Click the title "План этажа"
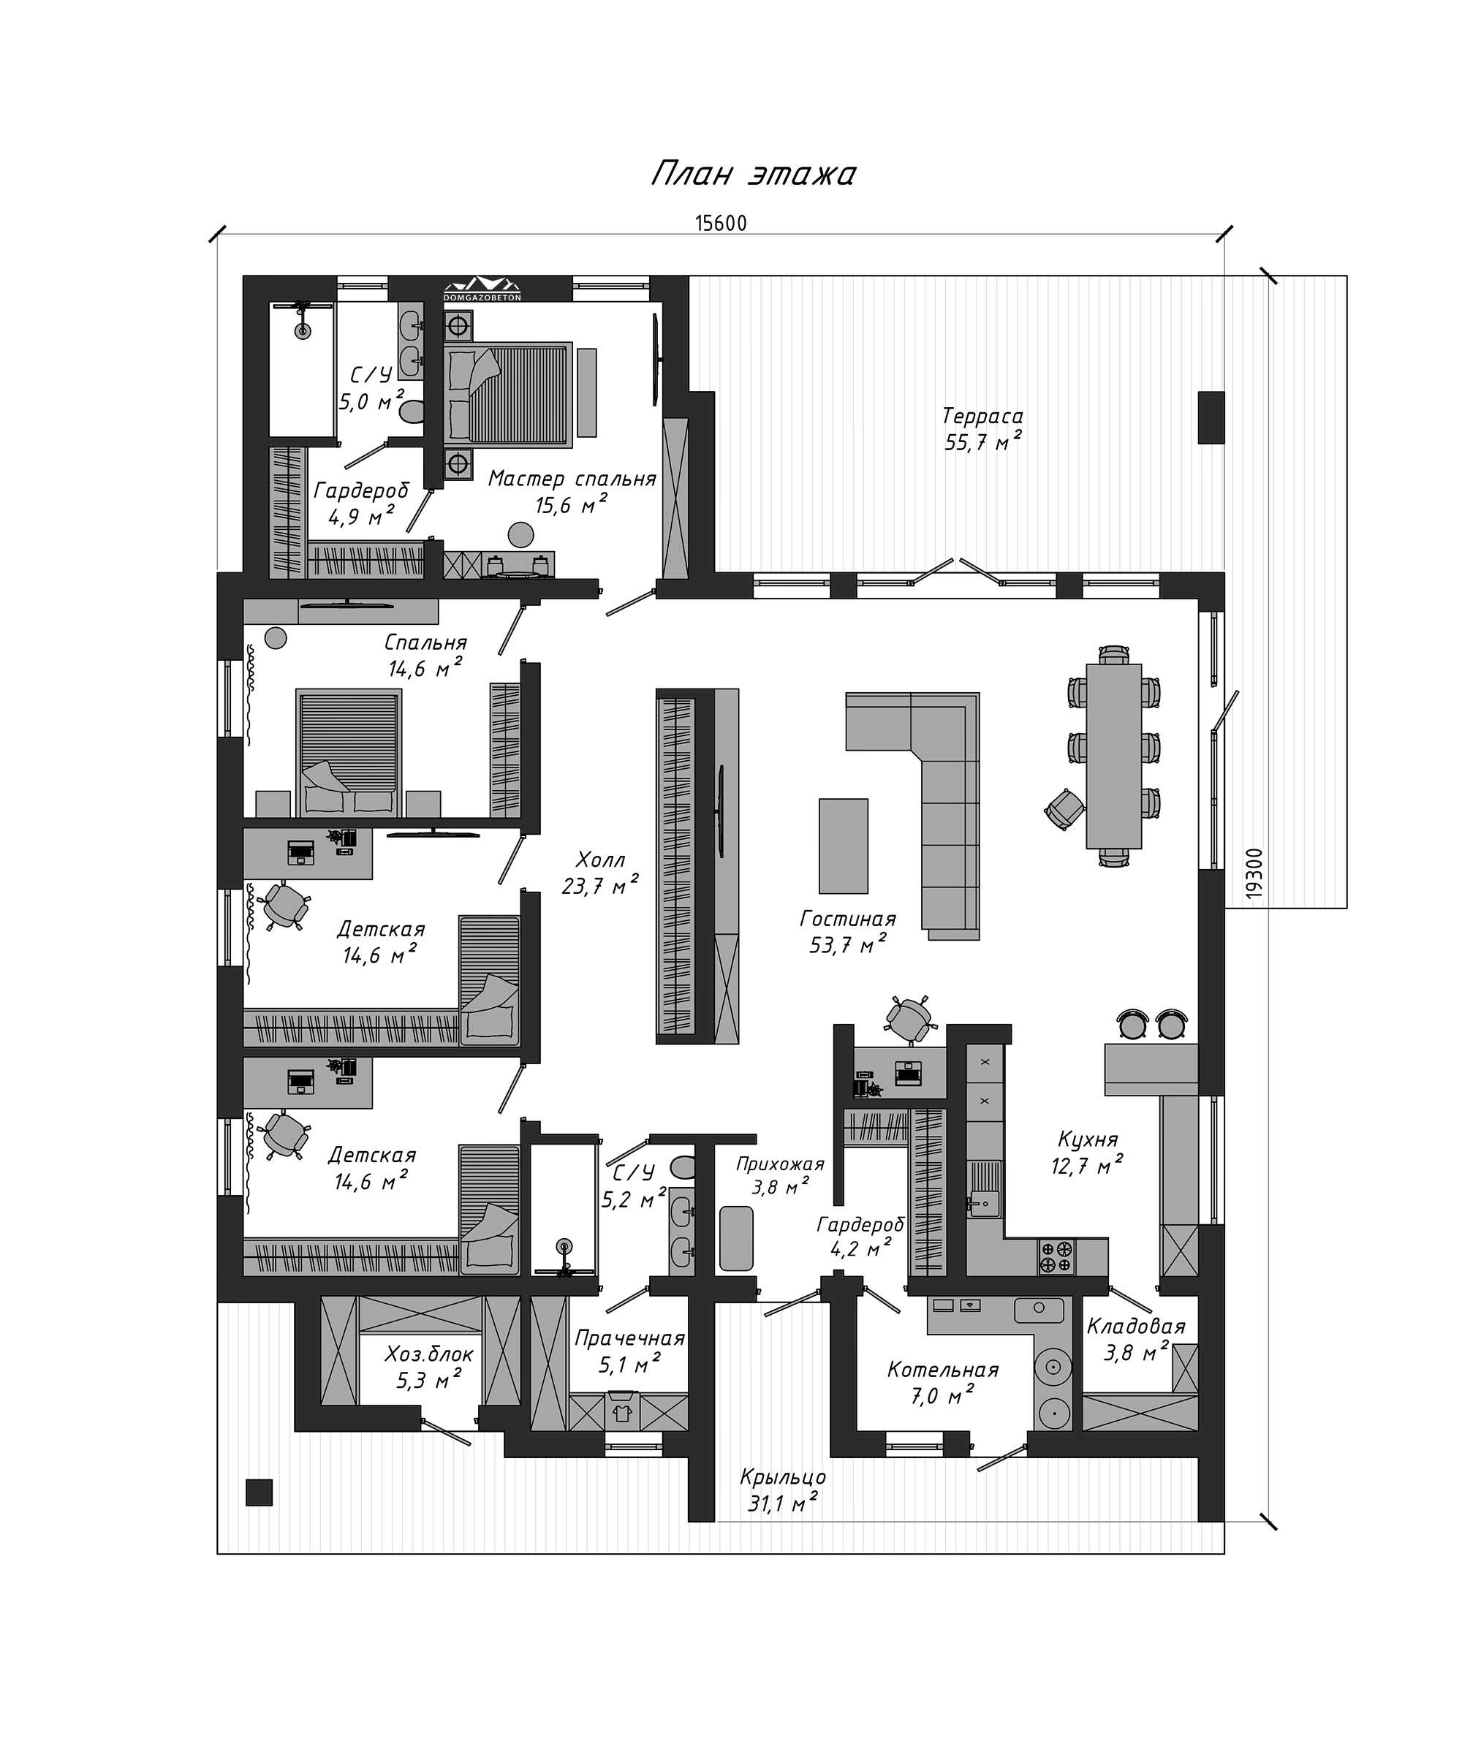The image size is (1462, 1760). click(753, 173)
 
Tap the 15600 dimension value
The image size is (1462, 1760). click(720, 223)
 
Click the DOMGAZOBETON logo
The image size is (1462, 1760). click(482, 288)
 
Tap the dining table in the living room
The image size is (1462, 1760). click(1113, 755)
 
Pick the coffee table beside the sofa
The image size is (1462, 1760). click(844, 846)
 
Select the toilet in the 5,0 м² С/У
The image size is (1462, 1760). click(412, 412)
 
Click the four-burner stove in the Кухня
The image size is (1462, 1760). click(1056, 1257)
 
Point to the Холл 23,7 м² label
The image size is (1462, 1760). click(599, 873)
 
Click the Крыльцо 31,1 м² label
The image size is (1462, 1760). click(782, 1491)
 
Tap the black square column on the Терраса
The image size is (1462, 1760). click(1211, 417)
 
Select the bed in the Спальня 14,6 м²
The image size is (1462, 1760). click(348, 752)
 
